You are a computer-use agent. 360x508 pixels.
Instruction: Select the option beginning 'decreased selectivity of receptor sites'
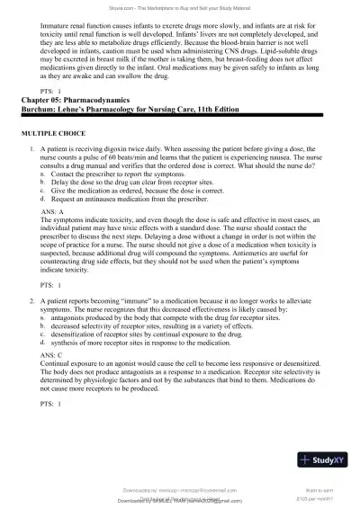click(170, 304)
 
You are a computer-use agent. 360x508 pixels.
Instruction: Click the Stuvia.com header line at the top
click(180, 7)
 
